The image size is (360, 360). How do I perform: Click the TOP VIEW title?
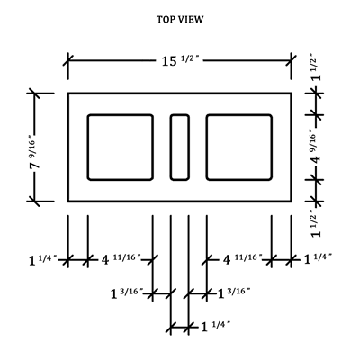pos(180,20)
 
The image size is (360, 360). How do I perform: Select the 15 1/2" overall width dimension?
pos(181,61)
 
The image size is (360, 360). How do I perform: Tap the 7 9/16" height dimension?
pos(35,152)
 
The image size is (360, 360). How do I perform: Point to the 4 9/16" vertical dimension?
pos(316,148)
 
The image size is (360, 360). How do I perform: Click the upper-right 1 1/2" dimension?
pos(316,67)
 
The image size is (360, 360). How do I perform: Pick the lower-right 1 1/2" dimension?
pos(316,223)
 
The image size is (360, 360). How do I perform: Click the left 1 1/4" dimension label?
pos(42,259)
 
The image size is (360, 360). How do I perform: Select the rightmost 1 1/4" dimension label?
pos(318,258)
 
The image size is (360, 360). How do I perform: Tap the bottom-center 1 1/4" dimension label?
pos(215,326)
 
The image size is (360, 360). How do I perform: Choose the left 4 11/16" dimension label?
pos(121,259)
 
